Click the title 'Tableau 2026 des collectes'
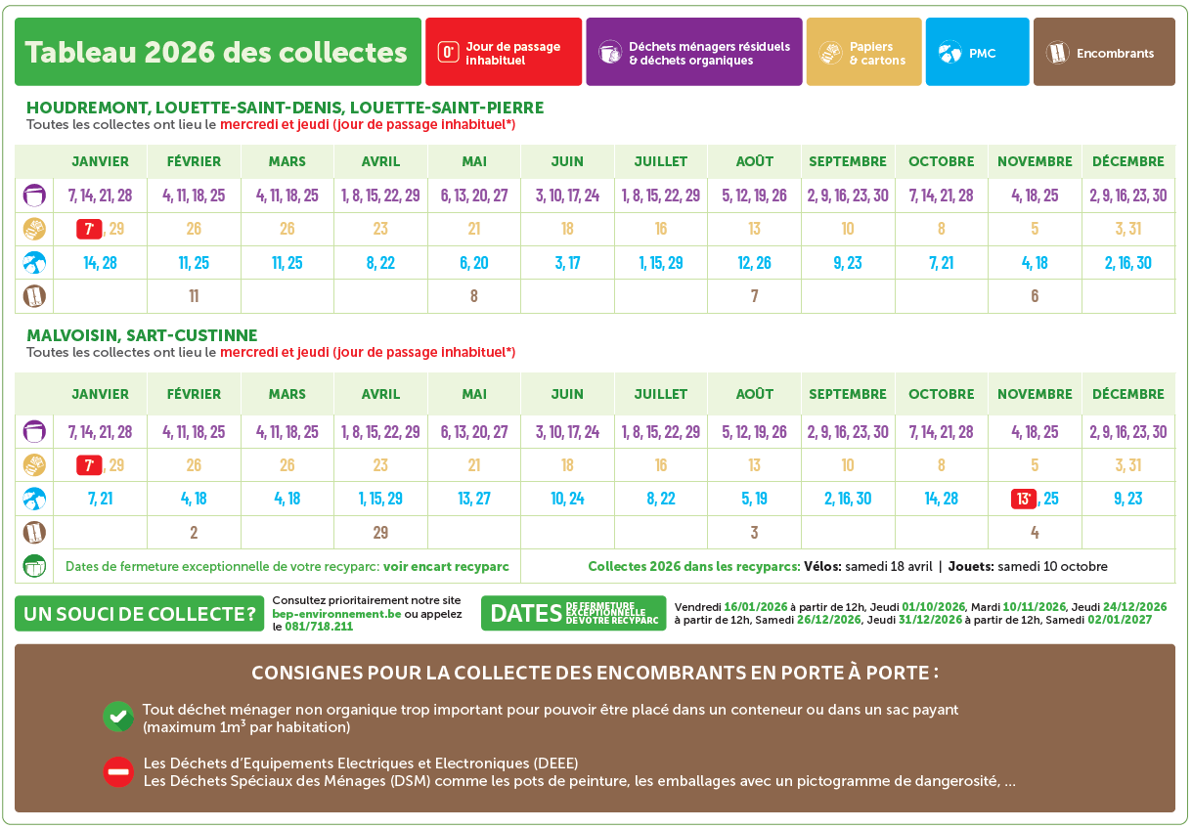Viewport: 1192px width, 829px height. pyautogui.click(x=217, y=52)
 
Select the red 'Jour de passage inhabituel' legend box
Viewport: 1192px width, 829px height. pyautogui.click(x=504, y=52)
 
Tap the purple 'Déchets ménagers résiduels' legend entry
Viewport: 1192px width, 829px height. pyautogui.click(x=693, y=52)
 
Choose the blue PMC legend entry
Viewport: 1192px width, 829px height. pyautogui.click(x=977, y=52)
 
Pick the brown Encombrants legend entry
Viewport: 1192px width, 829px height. pyautogui.click(x=1104, y=52)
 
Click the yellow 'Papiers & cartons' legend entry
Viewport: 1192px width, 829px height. pyautogui.click(x=863, y=52)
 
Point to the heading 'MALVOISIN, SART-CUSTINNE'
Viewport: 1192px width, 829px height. pyautogui.click(x=142, y=335)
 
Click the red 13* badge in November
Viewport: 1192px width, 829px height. pyautogui.click(x=1024, y=499)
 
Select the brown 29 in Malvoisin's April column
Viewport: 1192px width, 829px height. pyautogui.click(x=380, y=533)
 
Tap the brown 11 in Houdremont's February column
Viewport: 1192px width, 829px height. pyautogui.click(x=194, y=295)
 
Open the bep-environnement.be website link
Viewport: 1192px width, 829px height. pyautogui.click(x=335, y=613)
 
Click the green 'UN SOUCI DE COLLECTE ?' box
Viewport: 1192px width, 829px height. pyautogui.click(x=140, y=614)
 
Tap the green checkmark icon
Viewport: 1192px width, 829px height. pyautogui.click(x=118, y=717)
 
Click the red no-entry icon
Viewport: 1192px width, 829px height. pyautogui.click(x=118, y=771)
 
